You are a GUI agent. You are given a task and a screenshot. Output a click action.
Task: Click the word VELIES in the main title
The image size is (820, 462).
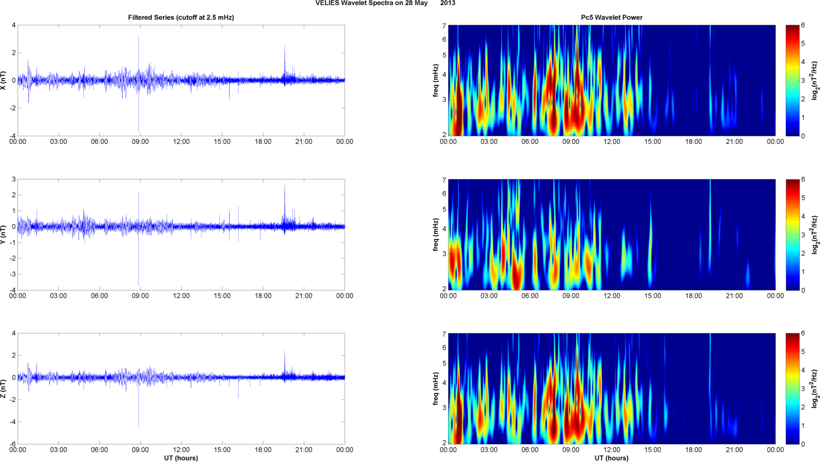point(326,3)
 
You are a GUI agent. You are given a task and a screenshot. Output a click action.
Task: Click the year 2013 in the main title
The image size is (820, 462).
point(448,3)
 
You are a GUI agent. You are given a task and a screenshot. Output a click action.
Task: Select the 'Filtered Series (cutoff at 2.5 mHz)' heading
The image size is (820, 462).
point(181,17)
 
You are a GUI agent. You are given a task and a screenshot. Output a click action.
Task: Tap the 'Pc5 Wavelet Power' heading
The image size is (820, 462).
point(612,17)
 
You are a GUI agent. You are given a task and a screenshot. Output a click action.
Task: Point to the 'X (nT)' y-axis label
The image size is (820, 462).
point(4,80)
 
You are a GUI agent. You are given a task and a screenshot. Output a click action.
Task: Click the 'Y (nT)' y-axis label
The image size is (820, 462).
point(4,235)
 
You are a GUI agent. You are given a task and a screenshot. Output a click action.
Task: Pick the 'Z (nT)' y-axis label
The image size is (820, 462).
point(4,389)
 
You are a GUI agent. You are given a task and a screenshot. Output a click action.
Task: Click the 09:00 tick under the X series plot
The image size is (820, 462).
point(140,142)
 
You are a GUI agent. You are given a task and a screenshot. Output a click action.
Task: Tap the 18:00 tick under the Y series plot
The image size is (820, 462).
point(263,296)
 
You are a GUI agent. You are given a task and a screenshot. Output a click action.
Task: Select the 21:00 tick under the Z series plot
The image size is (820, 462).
point(304,450)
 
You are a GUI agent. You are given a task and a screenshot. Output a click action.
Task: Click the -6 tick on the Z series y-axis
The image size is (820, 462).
point(12,444)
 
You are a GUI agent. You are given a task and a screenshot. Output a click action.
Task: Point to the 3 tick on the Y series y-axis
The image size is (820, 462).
point(14,179)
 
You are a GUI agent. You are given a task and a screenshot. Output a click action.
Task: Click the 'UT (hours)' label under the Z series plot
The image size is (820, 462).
point(181,458)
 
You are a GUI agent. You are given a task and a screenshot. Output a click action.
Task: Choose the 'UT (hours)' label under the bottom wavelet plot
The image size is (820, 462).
point(612,458)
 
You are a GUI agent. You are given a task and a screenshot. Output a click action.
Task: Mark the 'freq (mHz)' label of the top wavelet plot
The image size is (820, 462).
point(436,80)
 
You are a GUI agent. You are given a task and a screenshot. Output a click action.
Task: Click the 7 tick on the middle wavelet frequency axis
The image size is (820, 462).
point(444,180)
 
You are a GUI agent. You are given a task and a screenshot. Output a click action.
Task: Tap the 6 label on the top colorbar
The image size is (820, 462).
point(803,26)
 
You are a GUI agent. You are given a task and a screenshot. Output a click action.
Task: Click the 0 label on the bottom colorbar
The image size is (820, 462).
point(803,444)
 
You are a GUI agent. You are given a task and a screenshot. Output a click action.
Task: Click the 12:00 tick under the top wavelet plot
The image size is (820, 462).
point(612,142)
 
